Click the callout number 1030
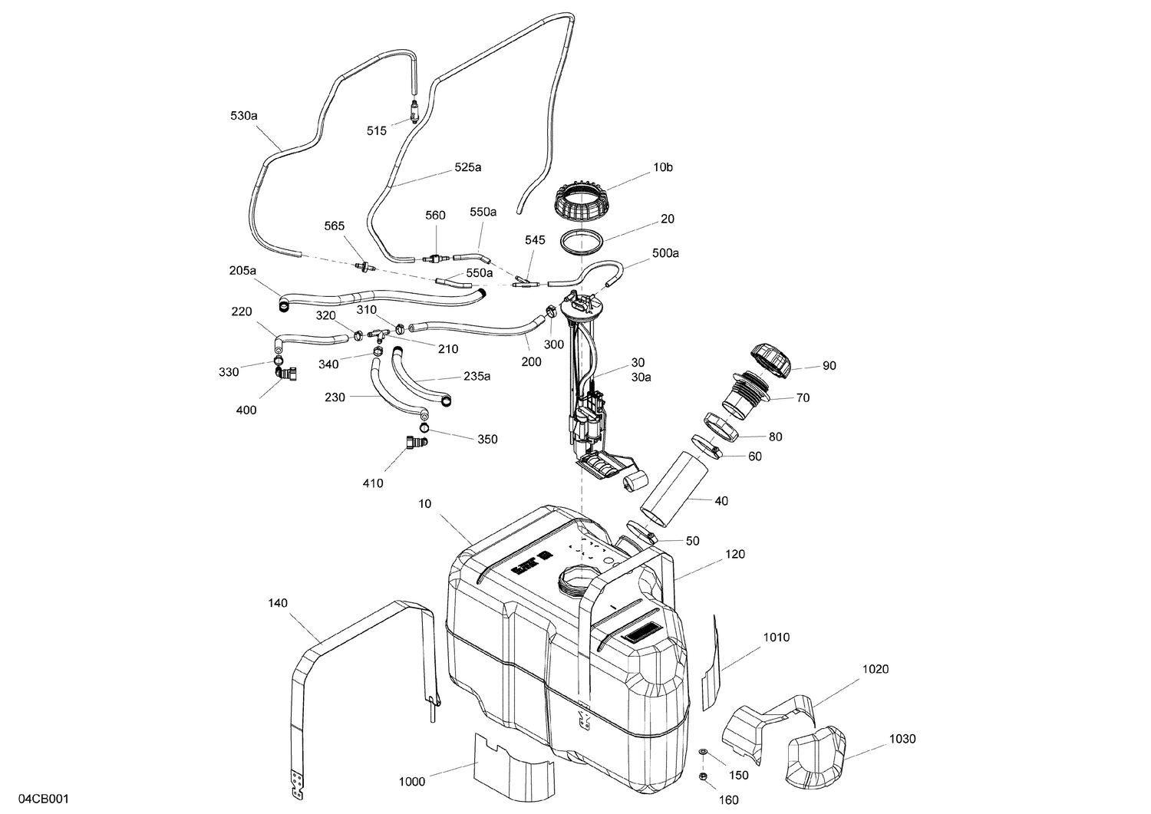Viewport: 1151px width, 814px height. pos(902,739)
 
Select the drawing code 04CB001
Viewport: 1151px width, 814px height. pos(45,799)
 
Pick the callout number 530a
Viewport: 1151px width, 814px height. pos(243,116)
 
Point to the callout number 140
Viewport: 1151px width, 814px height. pos(278,603)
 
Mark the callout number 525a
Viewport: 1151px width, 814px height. pos(467,166)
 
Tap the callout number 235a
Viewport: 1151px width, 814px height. pos(477,377)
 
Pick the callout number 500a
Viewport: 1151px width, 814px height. pos(665,252)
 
